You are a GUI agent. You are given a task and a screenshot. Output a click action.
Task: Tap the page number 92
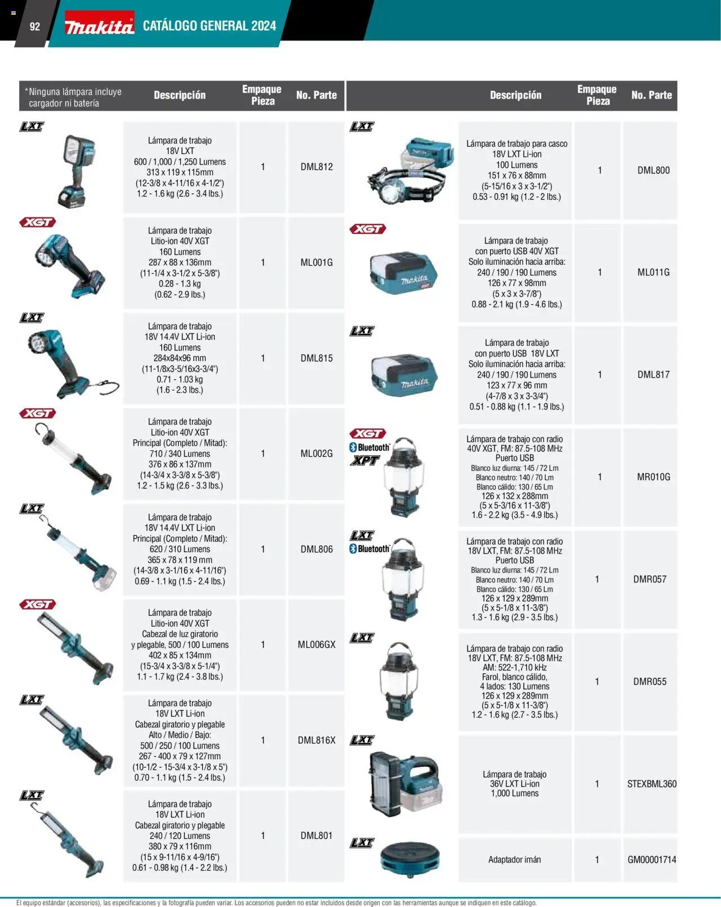tap(35, 26)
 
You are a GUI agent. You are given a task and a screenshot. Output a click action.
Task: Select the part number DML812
tap(317, 167)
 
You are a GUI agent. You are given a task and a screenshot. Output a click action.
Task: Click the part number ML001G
tap(317, 263)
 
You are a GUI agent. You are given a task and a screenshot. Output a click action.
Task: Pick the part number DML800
tap(653, 170)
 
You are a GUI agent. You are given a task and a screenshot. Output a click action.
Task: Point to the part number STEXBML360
tap(652, 784)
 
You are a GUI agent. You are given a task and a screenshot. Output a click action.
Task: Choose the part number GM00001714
tap(652, 859)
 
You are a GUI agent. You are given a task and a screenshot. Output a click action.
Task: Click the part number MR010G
tap(653, 477)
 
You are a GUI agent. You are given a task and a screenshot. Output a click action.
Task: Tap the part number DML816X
tap(317, 740)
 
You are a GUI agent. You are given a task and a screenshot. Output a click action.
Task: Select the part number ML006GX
tap(317, 644)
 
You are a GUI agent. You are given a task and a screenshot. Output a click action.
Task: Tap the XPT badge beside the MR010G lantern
tap(364, 461)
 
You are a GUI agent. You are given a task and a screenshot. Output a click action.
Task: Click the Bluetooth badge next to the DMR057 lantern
tap(370, 549)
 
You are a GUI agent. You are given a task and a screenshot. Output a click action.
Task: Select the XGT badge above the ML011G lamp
tap(367, 229)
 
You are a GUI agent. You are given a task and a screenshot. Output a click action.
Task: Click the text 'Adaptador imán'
tap(514, 859)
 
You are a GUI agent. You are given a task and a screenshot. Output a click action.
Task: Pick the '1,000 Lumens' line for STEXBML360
tap(514, 793)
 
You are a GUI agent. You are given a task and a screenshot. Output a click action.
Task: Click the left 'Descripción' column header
tap(180, 95)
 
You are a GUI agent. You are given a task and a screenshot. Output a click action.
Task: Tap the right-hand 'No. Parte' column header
tap(652, 95)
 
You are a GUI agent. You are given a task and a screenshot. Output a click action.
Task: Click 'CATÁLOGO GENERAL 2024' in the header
tap(210, 26)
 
